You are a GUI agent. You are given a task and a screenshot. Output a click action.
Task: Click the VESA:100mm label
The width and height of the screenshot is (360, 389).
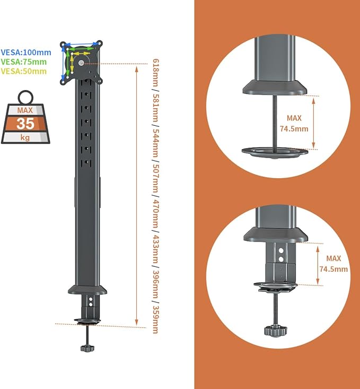coord(26,53)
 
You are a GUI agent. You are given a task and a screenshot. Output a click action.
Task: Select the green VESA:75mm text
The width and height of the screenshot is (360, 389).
coord(23,62)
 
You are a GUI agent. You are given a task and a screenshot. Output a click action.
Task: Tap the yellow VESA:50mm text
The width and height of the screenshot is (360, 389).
coord(23,71)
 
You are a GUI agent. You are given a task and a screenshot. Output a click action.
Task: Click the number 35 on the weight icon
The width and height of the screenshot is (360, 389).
coord(25,124)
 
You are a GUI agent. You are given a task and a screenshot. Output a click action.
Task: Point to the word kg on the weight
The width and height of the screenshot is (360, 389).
coord(25,137)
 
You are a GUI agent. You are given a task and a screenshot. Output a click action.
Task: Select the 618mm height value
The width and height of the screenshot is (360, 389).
coord(155,72)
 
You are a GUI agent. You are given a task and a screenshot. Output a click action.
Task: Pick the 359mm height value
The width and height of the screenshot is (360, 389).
coord(155,319)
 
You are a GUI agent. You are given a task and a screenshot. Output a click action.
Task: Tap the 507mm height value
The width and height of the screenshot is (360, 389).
coord(155,178)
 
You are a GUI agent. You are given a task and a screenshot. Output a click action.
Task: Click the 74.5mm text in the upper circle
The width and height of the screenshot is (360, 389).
coord(294,129)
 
